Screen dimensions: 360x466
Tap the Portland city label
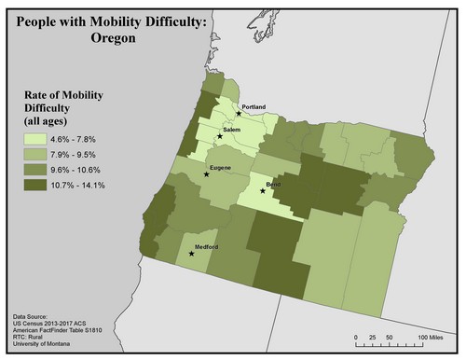(254, 107)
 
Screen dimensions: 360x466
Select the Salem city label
(232, 128)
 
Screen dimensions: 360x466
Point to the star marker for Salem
(220, 136)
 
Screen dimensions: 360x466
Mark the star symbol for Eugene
(207, 174)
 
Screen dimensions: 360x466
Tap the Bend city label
(274, 186)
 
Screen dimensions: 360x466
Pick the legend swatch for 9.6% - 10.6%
(38, 169)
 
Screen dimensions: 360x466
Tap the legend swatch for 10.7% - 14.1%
(38, 185)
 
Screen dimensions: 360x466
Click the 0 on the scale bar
(356, 336)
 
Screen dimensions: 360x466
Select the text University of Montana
(47, 346)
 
